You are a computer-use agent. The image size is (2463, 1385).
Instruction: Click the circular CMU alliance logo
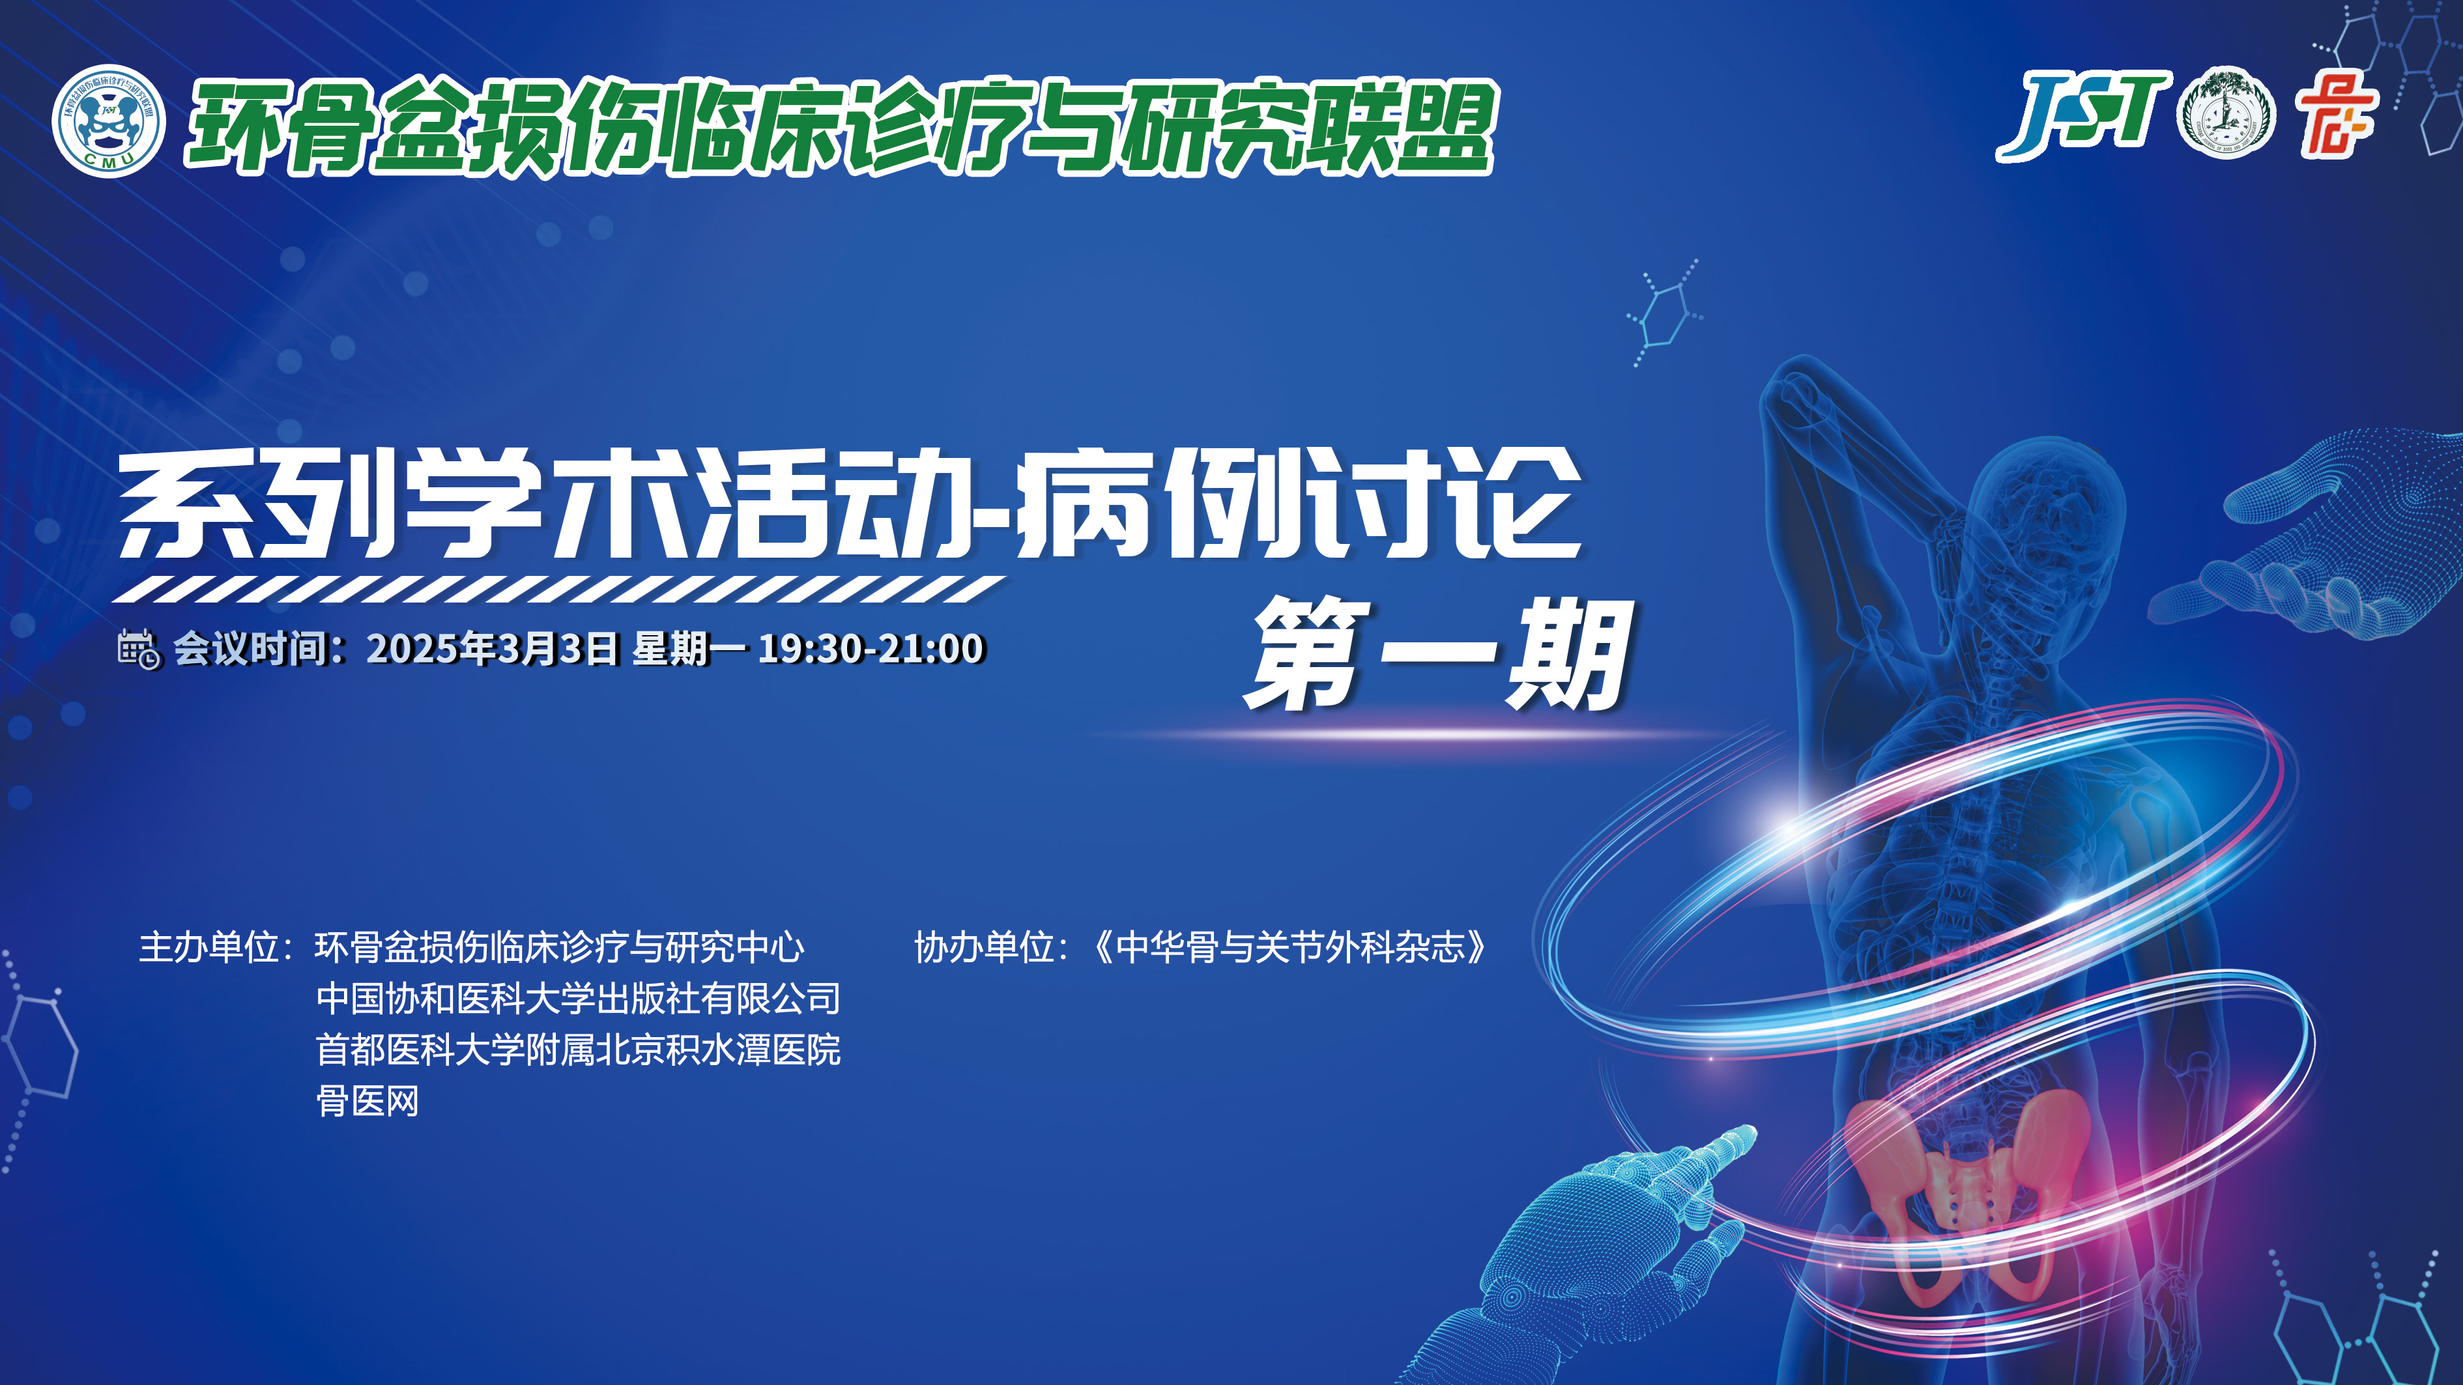click(x=108, y=121)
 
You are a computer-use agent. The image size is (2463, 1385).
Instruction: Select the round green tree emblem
click(x=2226, y=113)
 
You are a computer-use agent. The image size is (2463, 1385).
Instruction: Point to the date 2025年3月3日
click(x=493, y=648)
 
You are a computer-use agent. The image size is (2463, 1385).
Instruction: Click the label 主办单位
click(x=209, y=947)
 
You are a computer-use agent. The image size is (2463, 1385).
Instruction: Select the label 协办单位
click(x=984, y=947)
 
